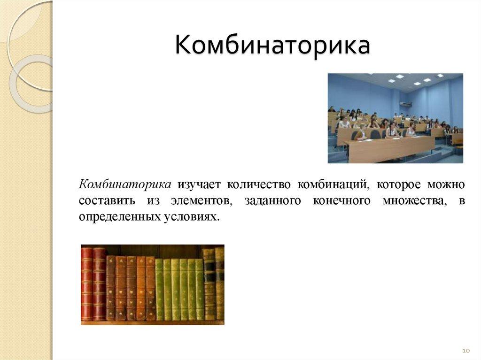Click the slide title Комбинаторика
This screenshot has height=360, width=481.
pos(272,46)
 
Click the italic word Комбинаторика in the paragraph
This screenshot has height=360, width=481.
pos(124,184)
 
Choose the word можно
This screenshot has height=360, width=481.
pos(447,184)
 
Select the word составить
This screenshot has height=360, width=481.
pos(107,201)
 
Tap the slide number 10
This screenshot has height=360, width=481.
pos(466,351)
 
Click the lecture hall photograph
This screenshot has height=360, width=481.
pos(395,118)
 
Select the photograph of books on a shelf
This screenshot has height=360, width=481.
pos(152,284)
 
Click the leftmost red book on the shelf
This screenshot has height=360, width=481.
pos(86,283)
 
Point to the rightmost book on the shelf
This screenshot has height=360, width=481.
pos(219,283)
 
